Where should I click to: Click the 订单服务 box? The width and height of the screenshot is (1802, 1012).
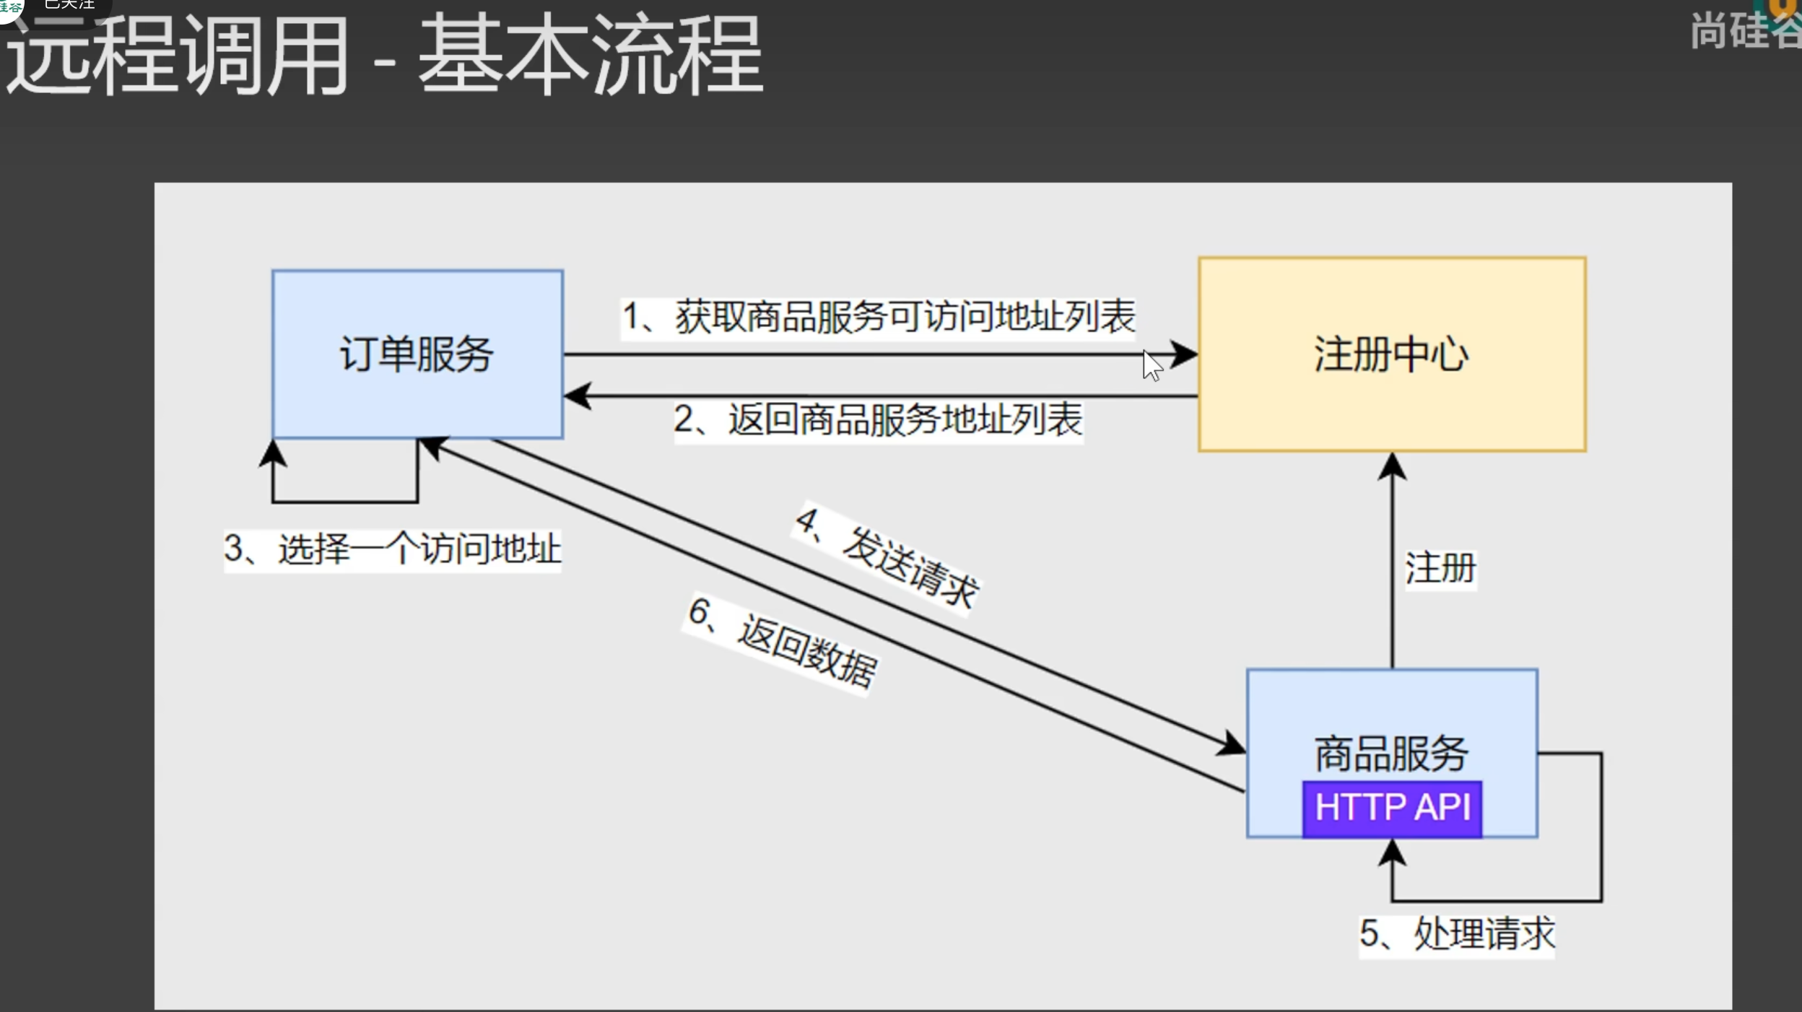[x=417, y=354]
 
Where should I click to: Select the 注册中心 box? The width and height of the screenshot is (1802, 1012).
[x=1391, y=354]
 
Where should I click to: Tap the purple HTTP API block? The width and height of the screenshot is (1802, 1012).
[x=1392, y=808]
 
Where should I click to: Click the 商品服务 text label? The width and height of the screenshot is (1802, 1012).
[x=1391, y=754]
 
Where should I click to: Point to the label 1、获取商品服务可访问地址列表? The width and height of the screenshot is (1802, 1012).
[x=878, y=317]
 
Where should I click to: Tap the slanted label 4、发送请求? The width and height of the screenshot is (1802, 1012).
[x=887, y=557]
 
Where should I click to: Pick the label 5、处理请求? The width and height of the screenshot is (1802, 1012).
[x=1456, y=935]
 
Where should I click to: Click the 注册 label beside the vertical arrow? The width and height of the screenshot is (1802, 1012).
[x=1440, y=568]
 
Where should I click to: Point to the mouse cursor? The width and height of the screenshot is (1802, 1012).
[x=1151, y=365]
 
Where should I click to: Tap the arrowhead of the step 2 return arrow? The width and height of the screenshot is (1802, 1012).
[x=577, y=396]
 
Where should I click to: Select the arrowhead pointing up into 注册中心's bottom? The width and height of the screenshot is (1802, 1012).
[x=1392, y=466]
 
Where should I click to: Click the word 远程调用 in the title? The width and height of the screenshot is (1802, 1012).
[x=177, y=56]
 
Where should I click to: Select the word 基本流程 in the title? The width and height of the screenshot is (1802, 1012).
[x=590, y=56]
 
